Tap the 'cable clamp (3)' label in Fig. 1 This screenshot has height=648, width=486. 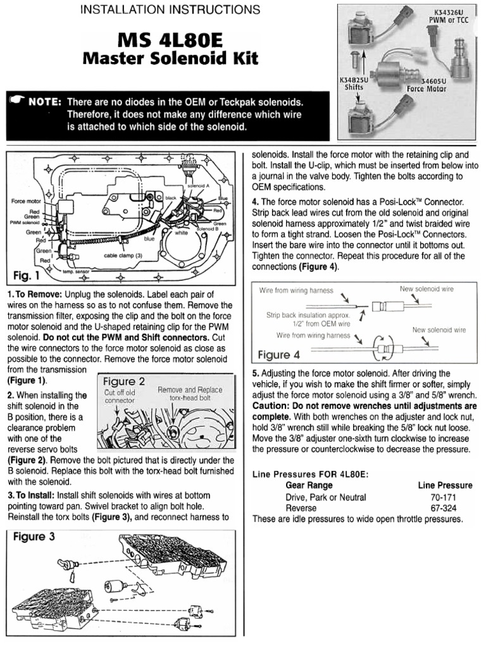point(123,256)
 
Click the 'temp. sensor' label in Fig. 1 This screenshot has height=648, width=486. point(76,271)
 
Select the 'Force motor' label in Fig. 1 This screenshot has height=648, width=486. point(25,201)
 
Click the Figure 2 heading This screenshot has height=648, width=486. point(124,381)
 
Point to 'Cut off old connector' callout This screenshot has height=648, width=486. point(120,396)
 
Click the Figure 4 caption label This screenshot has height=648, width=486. point(283,354)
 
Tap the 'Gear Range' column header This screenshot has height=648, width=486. point(309,485)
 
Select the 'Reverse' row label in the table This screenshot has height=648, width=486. point(301,508)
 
